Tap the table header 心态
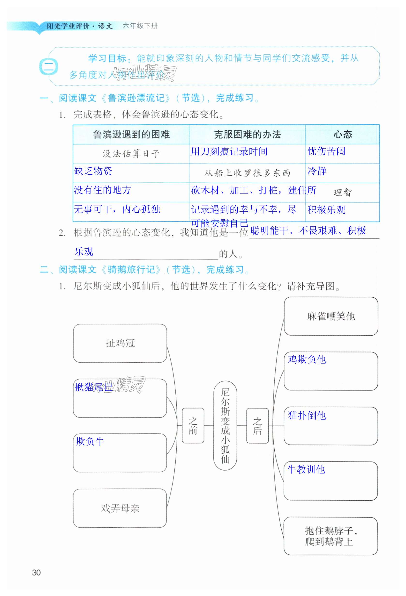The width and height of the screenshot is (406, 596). (x=343, y=134)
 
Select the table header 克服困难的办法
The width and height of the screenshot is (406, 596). (x=247, y=134)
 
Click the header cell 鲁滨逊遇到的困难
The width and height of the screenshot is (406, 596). (x=131, y=134)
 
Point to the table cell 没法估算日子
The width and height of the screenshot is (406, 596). (x=131, y=154)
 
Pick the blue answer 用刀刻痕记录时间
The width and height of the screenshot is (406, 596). (x=229, y=151)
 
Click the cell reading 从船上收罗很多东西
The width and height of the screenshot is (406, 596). (x=247, y=173)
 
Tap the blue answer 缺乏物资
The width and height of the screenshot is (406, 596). (x=93, y=171)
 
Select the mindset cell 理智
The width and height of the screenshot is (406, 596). (x=343, y=192)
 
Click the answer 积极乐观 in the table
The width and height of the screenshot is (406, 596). (x=326, y=210)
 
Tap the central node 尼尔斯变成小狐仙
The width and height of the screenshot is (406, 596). (x=225, y=425)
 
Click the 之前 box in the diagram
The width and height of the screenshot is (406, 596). (x=193, y=426)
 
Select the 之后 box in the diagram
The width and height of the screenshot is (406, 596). (x=257, y=426)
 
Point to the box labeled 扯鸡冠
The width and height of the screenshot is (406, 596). (x=120, y=343)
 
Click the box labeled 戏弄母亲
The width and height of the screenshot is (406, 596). (x=120, y=508)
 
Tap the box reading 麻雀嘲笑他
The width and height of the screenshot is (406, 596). (x=331, y=316)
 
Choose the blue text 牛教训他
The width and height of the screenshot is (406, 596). (x=306, y=470)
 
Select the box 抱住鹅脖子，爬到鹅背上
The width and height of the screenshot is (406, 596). (x=331, y=536)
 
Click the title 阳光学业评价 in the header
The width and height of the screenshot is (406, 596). (x=68, y=26)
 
